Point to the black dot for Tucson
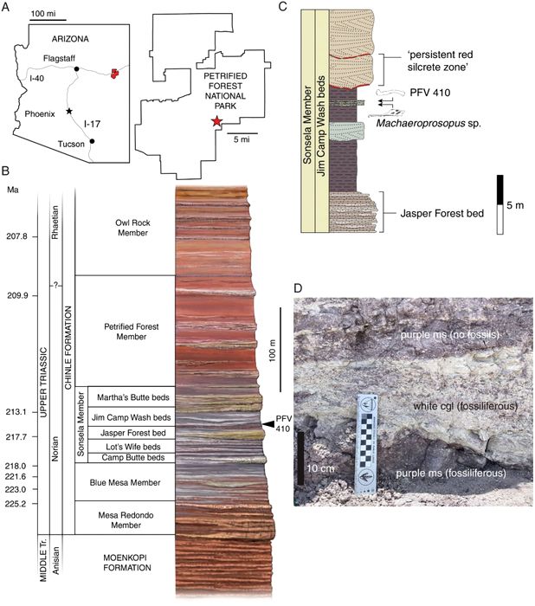tap(93, 140)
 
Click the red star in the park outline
tap(216, 122)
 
